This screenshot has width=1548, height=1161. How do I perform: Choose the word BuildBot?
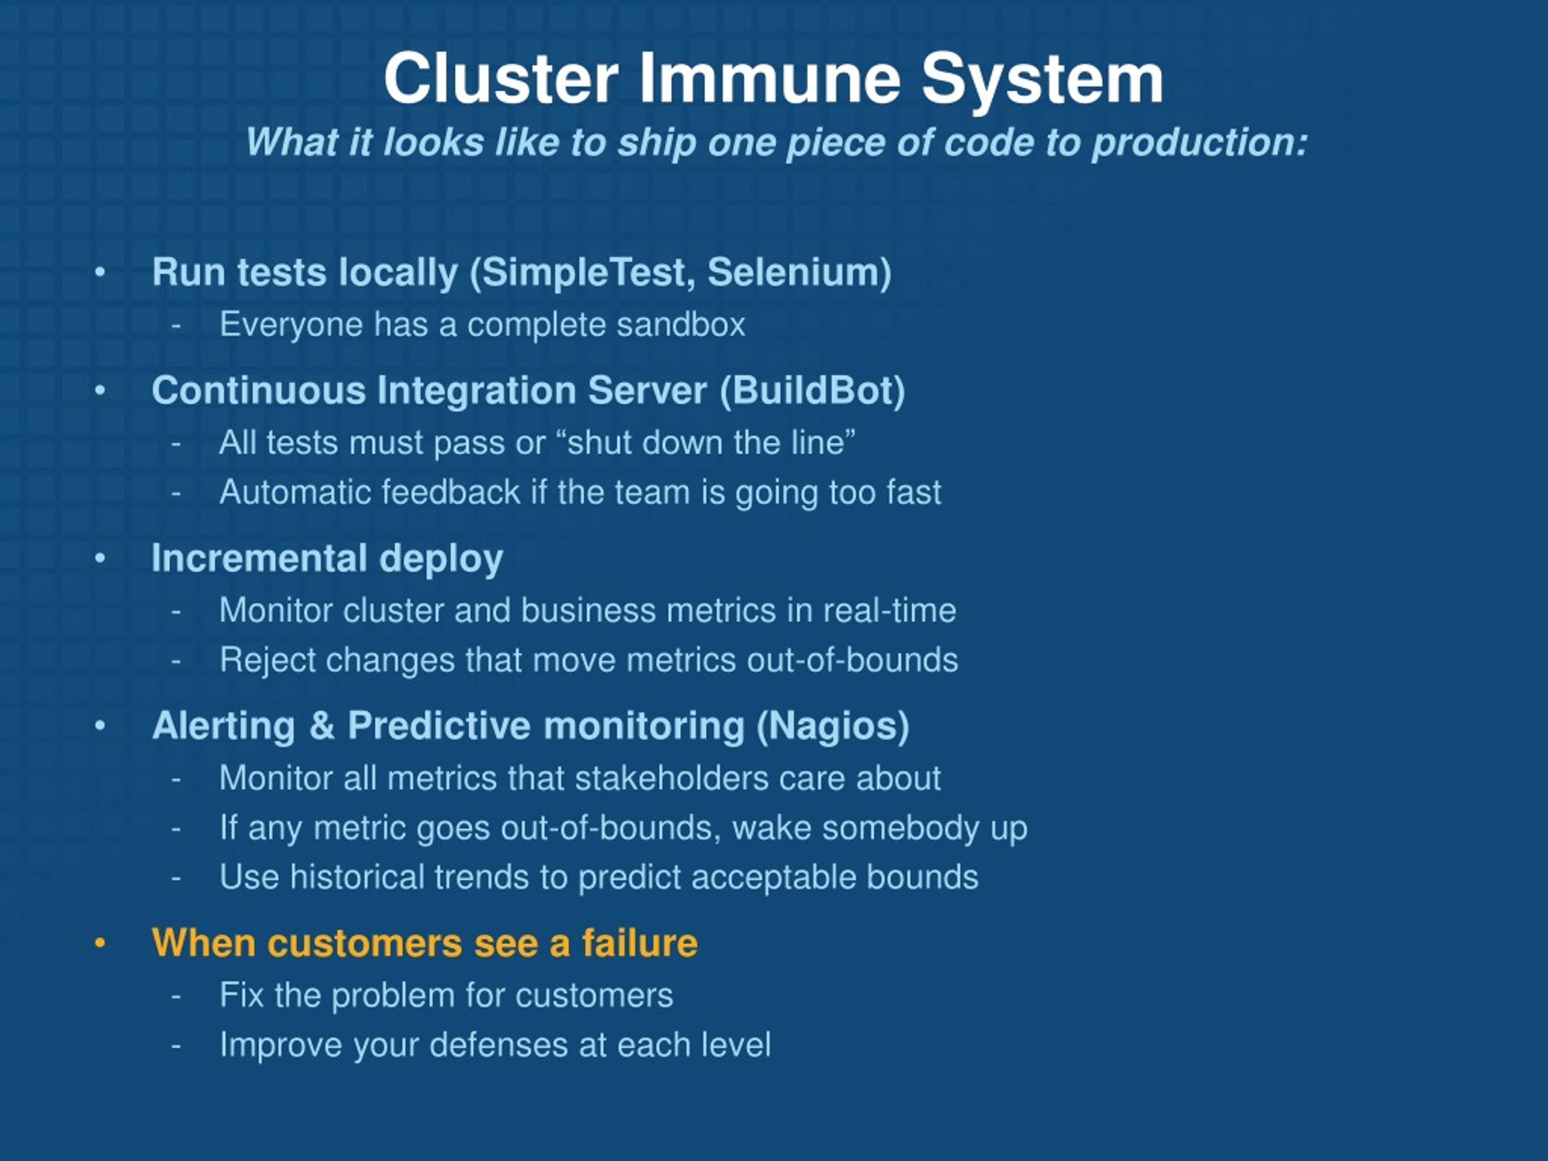[x=813, y=390]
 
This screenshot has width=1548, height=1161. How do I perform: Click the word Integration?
[x=477, y=391]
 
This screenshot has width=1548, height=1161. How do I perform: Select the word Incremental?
[x=259, y=558]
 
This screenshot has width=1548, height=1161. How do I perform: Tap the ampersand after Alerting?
[x=321, y=725]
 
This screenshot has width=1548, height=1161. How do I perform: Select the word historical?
[x=357, y=876]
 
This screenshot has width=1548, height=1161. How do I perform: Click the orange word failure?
[x=640, y=942]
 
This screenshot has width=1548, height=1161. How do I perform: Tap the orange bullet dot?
[x=100, y=943]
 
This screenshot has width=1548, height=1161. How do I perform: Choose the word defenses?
[x=498, y=1045]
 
